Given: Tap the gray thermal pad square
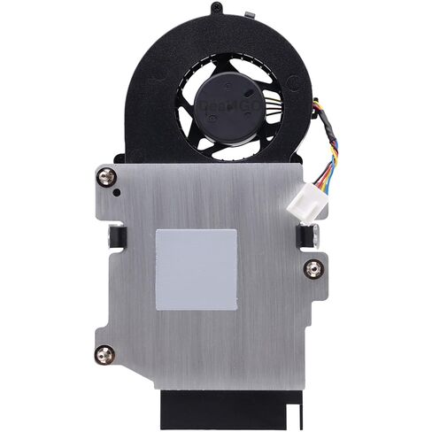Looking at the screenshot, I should [x=196, y=268].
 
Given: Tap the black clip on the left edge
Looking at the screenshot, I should [x=116, y=235].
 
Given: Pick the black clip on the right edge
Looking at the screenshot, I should [x=313, y=235].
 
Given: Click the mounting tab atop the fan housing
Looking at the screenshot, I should [x=215, y=12].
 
